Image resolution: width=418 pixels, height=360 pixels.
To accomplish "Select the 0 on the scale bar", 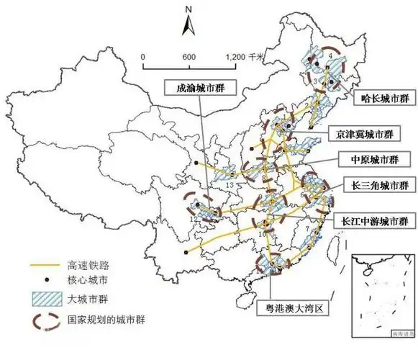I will [143, 57].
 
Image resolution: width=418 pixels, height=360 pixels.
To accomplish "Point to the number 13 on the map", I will [230, 186].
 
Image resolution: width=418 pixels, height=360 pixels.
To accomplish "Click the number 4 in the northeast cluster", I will [330, 55].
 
